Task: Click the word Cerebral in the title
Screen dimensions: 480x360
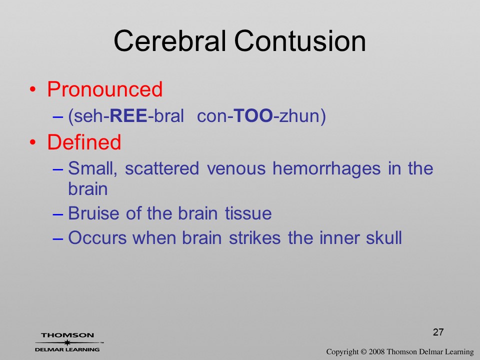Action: click(x=170, y=41)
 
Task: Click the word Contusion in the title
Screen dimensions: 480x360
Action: click(x=300, y=41)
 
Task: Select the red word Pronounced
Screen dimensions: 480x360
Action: click(x=104, y=89)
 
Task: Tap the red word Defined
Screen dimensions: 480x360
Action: click(x=84, y=142)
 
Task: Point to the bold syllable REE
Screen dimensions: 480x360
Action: click(x=128, y=115)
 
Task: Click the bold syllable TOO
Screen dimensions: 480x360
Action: click(x=253, y=115)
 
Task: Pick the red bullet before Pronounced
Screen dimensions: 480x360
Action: click(x=33, y=89)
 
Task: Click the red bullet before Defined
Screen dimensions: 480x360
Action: click(x=33, y=142)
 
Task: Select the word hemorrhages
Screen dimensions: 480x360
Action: click(x=326, y=168)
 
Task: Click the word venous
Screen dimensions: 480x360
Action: click(x=236, y=168)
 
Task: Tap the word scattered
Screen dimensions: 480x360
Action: click(x=162, y=168)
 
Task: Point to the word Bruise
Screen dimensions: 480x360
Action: click(x=93, y=213)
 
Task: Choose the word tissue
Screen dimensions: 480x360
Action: click(x=248, y=213)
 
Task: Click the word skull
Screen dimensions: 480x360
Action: click(x=384, y=237)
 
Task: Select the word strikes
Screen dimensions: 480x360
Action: click(x=254, y=237)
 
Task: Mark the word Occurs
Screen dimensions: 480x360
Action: click(x=97, y=238)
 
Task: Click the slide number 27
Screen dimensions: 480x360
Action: click(x=438, y=332)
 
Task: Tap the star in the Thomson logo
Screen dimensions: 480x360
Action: click(x=67, y=342)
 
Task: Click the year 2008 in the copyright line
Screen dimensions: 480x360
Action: click(x=376, y=351)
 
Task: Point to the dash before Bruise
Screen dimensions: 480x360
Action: click(x=58, y=214)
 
